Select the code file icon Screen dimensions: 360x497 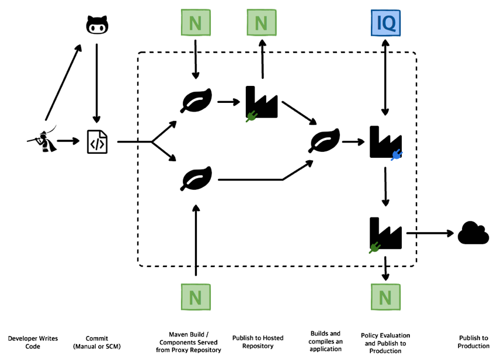(x=97, y=141)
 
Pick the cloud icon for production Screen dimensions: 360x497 (x=473, y=233)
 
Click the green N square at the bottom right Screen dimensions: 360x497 (x=385, y=297)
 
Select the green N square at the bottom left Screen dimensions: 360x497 (x=196, y=297)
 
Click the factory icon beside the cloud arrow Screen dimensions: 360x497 (x=385, y=234)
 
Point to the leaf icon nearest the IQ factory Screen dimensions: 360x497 (x=325, y=141)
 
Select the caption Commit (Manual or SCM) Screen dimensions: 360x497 (x=96, y=342)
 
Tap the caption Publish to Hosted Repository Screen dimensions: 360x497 (x=258, y=342)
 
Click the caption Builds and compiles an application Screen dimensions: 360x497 (x=325, y=341)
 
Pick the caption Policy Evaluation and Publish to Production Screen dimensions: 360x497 (x=385, y=343)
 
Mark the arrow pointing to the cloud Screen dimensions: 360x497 (x=430, y=233)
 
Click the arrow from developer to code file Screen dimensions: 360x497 (x=69, y=141)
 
